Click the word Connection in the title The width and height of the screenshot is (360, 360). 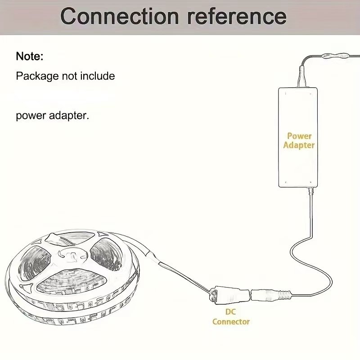[119, 16]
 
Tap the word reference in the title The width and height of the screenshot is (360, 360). [237, 16]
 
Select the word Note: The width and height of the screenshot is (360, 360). [30, 57]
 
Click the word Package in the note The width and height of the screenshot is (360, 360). [37, 76]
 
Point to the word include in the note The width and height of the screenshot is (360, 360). [98, 76]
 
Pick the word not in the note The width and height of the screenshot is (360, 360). [70, 76]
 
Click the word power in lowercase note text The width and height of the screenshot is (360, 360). [31, 116]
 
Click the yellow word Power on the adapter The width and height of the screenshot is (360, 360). [299, 135]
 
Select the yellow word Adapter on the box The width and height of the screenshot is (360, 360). [299, 145]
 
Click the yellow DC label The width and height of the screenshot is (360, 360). [230, 311]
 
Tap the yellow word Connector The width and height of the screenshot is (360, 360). [230, 321]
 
